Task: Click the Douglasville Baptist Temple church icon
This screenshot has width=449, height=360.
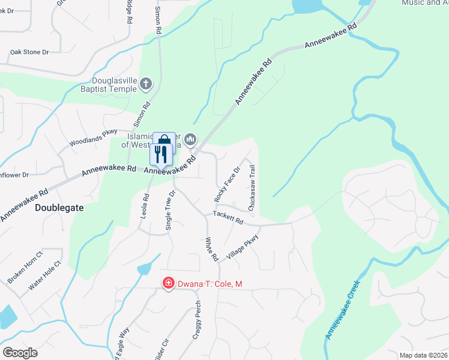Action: [x=146, y=85]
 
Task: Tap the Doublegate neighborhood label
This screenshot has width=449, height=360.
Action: [x=59, y=208]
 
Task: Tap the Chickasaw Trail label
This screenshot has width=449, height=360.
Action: [x=252, y=188]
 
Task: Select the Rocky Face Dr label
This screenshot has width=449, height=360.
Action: [x=227, y=184]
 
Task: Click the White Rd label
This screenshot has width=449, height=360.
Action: [x=211, y=249]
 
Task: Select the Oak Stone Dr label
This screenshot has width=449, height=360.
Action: [x=29, y=52]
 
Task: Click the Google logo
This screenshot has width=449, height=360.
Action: [x=20, y=353]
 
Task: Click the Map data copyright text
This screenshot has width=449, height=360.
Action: [x=423, y=355]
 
